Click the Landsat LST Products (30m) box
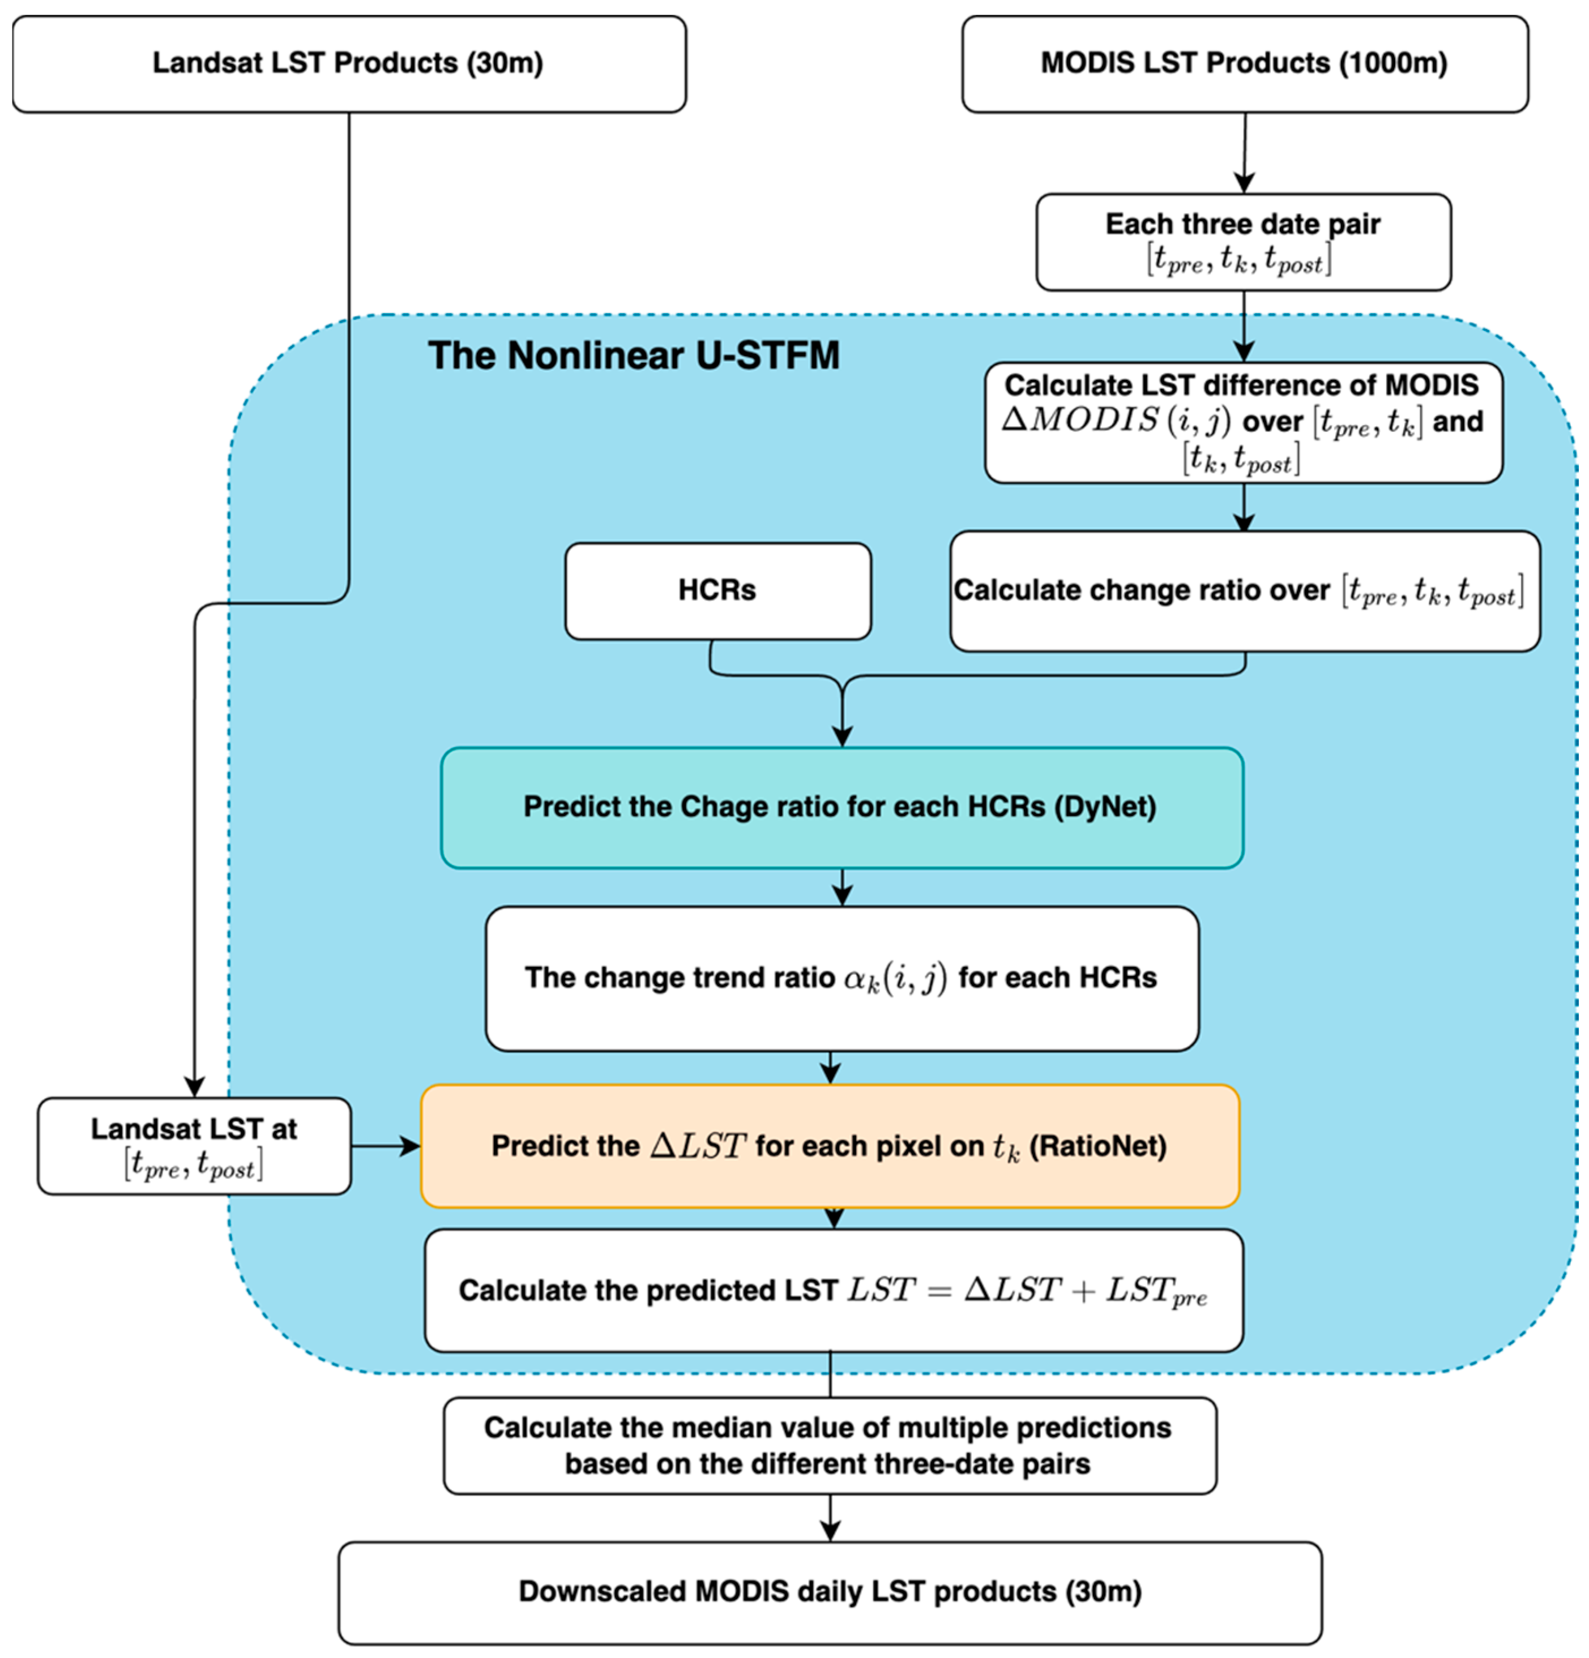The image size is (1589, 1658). [349, 63]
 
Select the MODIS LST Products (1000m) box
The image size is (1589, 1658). [1244, 63]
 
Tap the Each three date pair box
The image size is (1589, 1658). [1242, 242]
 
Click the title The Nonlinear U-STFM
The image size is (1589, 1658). [633, 355]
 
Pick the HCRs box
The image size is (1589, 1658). [717, 590]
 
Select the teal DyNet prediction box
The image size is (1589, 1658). [841, 807]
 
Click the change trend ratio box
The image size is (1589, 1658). [841, 978]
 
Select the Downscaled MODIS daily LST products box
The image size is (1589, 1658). [829, 1591]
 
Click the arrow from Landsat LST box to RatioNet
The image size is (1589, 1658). [386, 1146]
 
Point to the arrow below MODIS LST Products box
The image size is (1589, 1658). [1244, 153]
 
